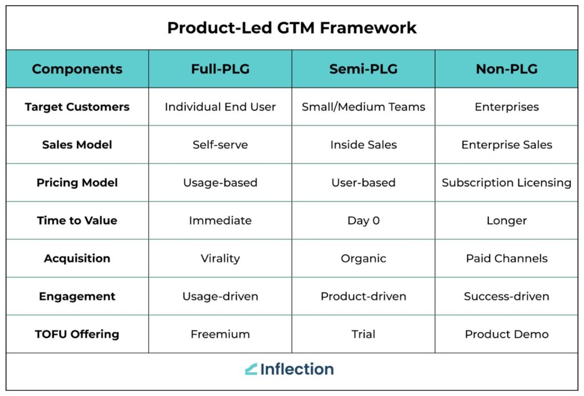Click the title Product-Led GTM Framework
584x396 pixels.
coord(291,28)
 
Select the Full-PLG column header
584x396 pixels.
coord(220,69)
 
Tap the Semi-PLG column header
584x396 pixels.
coord(363,69)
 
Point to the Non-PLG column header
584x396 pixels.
coord(506,69)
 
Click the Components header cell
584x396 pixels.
coord(77,69)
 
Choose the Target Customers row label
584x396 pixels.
coord(77,107)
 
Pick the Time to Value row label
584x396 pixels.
coord(77,220)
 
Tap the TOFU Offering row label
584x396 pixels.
coord(77,334)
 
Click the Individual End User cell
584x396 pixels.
coord(220,107)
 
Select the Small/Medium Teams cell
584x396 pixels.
coord(363,107)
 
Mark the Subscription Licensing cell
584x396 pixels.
coord(506,183)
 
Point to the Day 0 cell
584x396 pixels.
coord(363,220)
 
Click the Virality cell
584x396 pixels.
coord(220,258)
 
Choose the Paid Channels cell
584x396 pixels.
coord(506,258)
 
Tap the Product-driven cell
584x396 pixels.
coord(363,296)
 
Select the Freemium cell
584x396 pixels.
coord(220,334)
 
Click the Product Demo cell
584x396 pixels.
coord(506,334)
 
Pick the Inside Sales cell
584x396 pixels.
coord(363,144)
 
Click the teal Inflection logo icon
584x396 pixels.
coord(251,369)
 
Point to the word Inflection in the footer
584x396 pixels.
coord(297,369)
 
